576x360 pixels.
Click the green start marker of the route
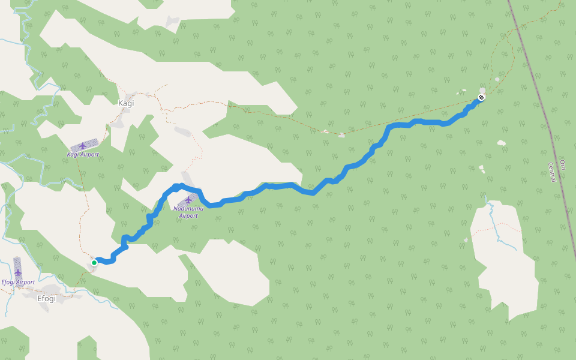click(94, 263)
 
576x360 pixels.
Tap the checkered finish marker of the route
click(481, 97)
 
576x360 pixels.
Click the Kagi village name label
click(126, 103)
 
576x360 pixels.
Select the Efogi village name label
click(47, 298)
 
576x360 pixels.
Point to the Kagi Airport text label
click(83, 155)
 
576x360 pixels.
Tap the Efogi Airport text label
click(18, 282)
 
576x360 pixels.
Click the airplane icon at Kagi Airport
click(83, 146)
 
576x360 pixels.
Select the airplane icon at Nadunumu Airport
click(188, 200)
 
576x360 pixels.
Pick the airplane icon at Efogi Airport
click(18, 273)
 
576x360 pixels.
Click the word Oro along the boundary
click(562, 164)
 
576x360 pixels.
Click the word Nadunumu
click(188, 208)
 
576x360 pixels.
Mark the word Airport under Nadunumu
click(188, 215)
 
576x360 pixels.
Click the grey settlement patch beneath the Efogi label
click(43, 306)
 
